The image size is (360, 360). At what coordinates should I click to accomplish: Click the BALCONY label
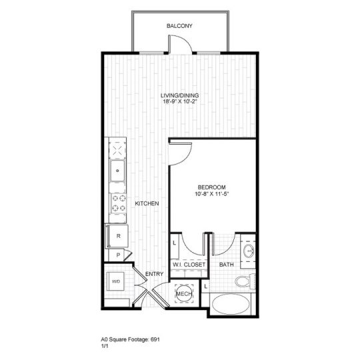[180, 26]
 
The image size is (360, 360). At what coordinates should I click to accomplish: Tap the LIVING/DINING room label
[180, 95]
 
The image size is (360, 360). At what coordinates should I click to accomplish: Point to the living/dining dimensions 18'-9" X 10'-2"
[180, 102]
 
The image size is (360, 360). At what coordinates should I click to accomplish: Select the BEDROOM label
[212, 187]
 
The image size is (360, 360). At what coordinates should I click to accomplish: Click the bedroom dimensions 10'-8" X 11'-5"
[212, 195]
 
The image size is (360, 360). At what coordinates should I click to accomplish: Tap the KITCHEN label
[147, 204]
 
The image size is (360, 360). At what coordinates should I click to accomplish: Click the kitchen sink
[118, 169]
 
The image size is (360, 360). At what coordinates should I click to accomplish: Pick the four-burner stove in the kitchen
[118, 203]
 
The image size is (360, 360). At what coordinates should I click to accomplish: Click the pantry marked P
[117, 255]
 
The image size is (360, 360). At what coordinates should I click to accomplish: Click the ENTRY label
[155, 274]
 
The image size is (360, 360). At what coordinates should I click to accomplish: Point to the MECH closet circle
[183, 293]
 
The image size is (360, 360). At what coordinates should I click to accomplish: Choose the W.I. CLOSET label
[189, 265]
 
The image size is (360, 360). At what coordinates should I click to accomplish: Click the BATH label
[226, 265]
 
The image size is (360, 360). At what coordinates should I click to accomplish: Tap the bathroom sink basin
[247, 251]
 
